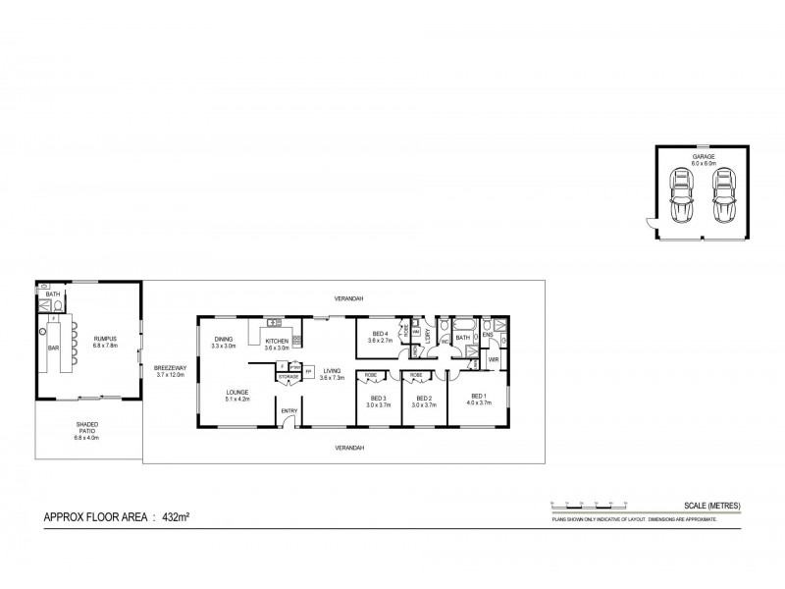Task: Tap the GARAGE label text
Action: coord(702,157)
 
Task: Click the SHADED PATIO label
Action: coord(88,426)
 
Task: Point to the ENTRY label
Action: coord(289,410)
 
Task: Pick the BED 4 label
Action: coord(379,335)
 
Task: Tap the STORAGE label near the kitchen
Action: coord(288,376)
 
